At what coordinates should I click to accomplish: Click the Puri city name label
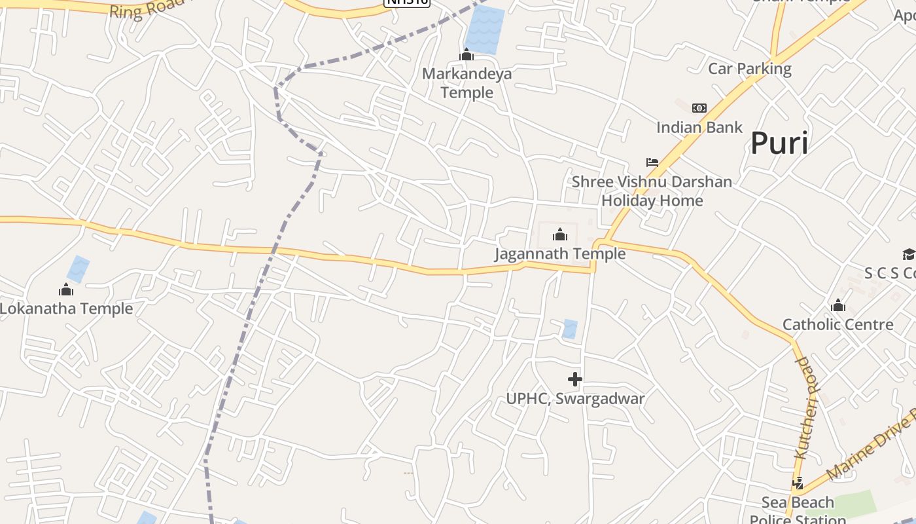click(x=779, y=143)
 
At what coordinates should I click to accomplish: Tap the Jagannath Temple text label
click(x=559, y=253)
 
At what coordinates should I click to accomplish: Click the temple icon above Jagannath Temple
click(x=560, y=234)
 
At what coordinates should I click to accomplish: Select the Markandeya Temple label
click(x=467, y=83)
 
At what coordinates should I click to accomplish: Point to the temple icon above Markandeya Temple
click(x=467, y=55)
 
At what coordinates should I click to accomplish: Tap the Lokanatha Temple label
click(x=66, y=309)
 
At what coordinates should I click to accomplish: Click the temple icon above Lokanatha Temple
click(x=66, y=290)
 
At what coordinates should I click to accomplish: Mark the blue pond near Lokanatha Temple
click(x=78, y=269)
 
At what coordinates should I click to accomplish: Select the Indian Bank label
click(x=699, y=127)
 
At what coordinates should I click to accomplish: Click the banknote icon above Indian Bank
click(x=699, y=108)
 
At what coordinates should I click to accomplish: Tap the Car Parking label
click(x=750, y=69)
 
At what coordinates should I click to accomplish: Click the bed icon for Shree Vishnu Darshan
click(x=652, y=162)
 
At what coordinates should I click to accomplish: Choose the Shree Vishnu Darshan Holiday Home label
click(x=652, y=191)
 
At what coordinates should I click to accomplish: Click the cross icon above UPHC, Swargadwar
click(x=575, y=379)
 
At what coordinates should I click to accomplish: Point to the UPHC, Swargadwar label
click(x=575, y=398)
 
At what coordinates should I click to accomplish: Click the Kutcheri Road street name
click(x=807, y=407)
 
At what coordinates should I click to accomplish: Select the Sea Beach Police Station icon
click(x=798, y=483)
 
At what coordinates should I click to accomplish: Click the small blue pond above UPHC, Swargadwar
click(x=570, y=329)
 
